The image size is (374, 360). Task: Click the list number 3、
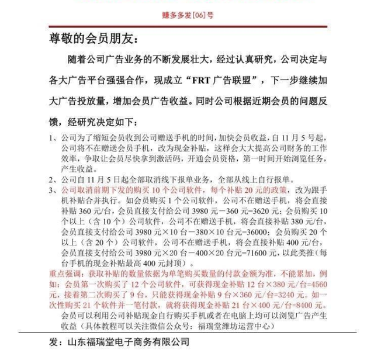(53, 190)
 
